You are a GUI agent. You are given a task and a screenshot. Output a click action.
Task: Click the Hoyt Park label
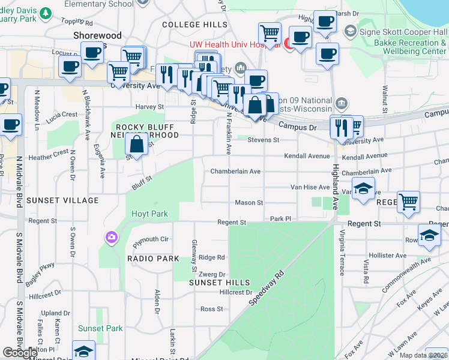[150, 214]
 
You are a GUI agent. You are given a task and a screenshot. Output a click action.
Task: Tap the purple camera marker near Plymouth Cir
[111, 238]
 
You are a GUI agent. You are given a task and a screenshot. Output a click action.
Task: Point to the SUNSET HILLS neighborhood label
[218, 282]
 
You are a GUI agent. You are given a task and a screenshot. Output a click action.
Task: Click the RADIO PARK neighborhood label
[153, 259]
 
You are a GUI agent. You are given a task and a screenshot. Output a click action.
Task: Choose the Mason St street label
[249, 203]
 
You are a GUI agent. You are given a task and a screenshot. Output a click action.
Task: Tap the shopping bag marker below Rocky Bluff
[137, 145]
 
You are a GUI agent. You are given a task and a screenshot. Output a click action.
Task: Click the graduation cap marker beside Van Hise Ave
[363, 189]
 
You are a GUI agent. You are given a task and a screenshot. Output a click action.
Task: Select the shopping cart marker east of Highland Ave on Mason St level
[408, 202]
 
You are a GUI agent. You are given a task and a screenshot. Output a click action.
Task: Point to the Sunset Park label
[100, 328]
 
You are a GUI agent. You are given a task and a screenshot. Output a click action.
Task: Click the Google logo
[20, 353]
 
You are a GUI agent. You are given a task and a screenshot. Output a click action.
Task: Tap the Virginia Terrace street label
[342, 252]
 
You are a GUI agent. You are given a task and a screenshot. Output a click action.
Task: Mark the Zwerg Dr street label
[214, 273]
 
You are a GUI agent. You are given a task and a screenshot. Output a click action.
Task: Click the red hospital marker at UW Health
[288, 43]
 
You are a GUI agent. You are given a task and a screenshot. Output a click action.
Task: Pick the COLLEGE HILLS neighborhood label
[194, 25]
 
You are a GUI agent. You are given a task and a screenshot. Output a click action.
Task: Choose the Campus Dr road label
[297, 127]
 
